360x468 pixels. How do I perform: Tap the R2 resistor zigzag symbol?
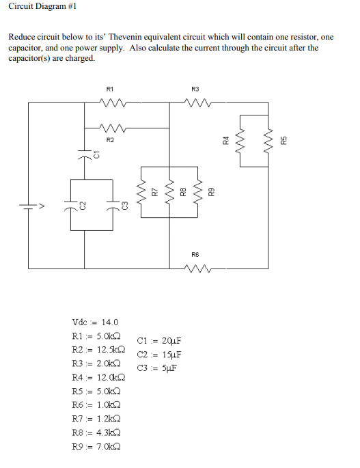point(111,128)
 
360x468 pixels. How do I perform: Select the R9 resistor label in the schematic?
point(212,193)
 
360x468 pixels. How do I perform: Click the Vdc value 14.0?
point(109,322)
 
